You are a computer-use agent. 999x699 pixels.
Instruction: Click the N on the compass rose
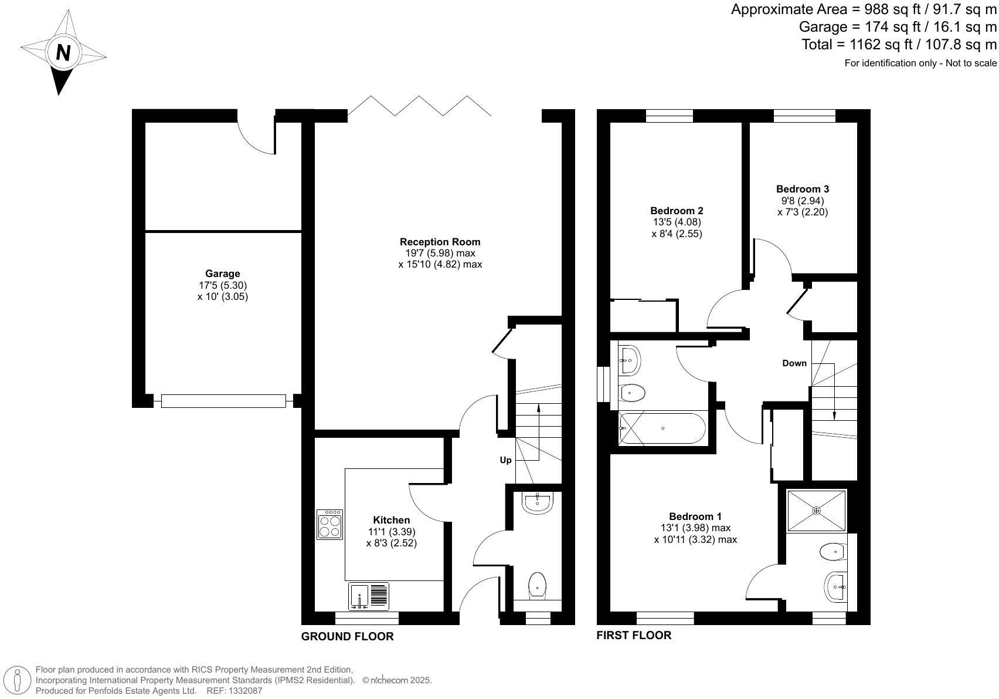click(x=63, y=53)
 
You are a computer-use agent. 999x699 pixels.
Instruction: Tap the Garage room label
click(x=222, y=273)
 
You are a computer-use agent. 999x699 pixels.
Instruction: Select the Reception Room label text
click(x=440, y=242)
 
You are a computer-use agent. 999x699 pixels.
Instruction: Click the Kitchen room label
click(x=391, y=520)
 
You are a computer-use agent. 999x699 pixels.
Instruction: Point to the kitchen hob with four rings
click(x=329, y=524)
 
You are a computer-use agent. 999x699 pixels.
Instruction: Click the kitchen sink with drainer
click(x=369, y=596)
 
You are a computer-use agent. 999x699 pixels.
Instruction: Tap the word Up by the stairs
click(x=505, y=460)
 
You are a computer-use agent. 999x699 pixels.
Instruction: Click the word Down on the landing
click(x=794, y=363)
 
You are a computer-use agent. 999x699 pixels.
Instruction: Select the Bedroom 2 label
click(x=677, y=211)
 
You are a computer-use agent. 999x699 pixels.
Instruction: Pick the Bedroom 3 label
click(x=802, y=189)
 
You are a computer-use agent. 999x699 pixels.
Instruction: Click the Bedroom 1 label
click(x=695, y=516)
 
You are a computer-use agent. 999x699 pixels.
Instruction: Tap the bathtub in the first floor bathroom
click(x=662, y=428)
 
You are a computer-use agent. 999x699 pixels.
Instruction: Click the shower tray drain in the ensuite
click(x=816, y=511)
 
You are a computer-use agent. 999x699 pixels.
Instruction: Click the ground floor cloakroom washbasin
click(x=537, y=502)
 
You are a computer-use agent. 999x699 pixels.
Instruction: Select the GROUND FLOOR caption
click(x=347, y=636)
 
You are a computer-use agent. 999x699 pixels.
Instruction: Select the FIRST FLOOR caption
click(x=633, y=635)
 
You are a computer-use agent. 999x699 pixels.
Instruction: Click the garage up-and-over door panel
click(x=223, y=401)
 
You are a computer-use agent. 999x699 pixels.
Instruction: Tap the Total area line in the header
click(x=899, y=44)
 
